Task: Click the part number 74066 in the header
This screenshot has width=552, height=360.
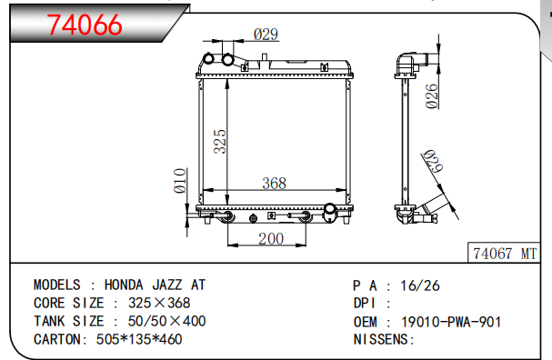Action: click(84, 25)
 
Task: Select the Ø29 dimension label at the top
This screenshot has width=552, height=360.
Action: click(265, 35)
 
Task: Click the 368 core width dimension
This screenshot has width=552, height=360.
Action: click(274, 183)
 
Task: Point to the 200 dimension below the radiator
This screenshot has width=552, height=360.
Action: click(270, 238)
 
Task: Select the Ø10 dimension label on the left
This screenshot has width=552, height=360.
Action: click(180, 181)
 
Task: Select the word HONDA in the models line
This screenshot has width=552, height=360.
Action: click(128, 285)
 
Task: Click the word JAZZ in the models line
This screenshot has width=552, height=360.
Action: click(172, 285)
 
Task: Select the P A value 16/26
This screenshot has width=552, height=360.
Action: click(420, 285)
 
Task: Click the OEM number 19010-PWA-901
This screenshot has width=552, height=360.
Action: click(451, 321)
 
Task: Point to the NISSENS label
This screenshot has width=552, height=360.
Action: click(383, 339)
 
